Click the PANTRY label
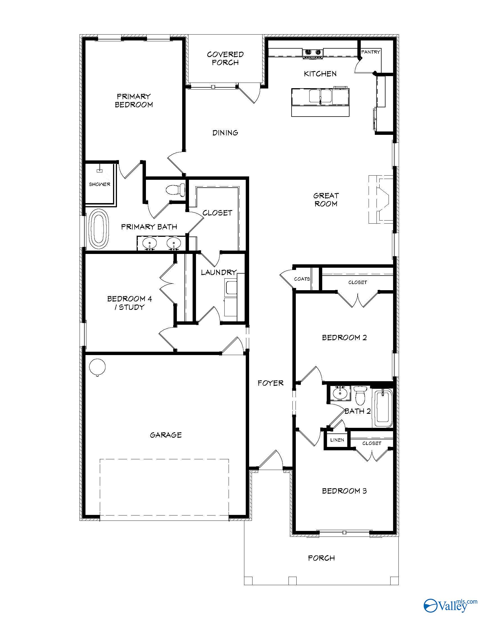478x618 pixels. [370, 52]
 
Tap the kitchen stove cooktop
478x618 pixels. [313, 53]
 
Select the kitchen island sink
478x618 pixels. [320, 96]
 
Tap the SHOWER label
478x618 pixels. [100, 184]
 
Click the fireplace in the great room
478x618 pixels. [381, 199]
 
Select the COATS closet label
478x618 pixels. [302, 279]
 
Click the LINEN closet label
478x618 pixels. [337, 440]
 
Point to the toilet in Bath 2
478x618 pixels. [360, 396]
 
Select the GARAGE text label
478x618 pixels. [166, 435]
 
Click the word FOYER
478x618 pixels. [270, 383]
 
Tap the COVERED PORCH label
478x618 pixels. [225, 58]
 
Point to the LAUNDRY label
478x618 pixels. [218, 272]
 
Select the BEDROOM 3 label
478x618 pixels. [344, 491]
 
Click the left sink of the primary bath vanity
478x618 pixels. [149, 243]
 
